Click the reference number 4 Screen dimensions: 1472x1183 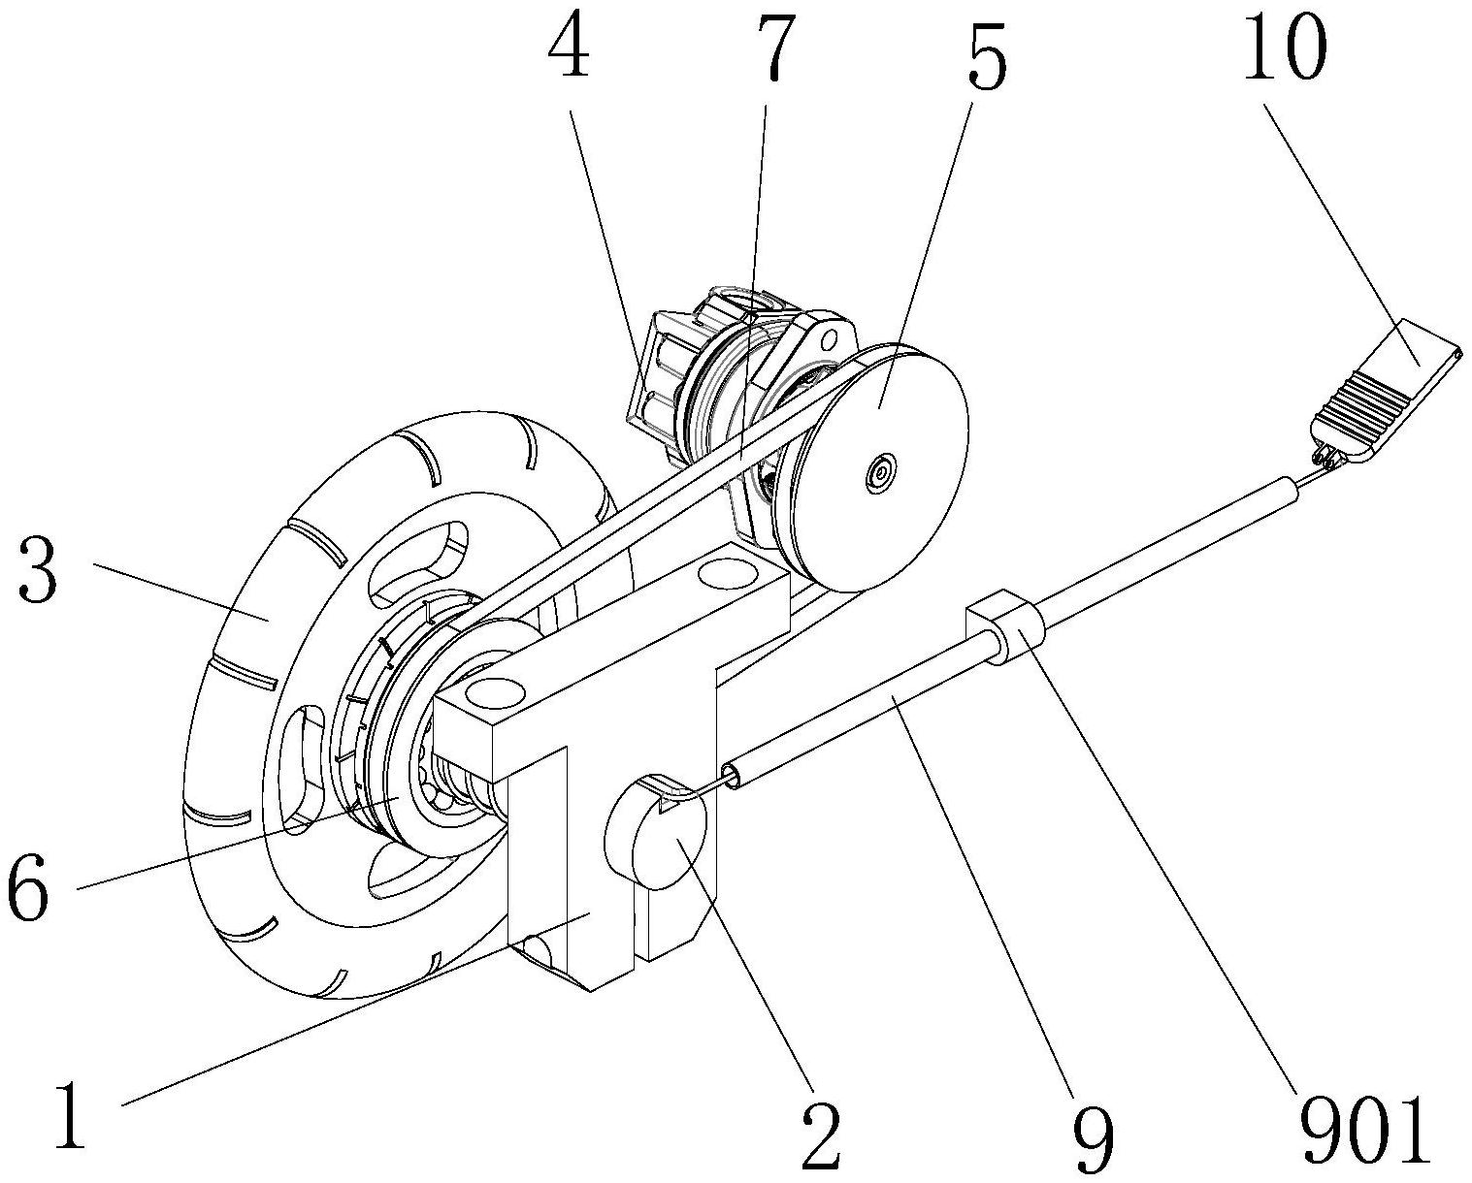click(x=568, y=45)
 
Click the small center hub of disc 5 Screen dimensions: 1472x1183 click(x=880, y=471)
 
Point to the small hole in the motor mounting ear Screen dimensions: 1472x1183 click(x=830, y=337)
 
